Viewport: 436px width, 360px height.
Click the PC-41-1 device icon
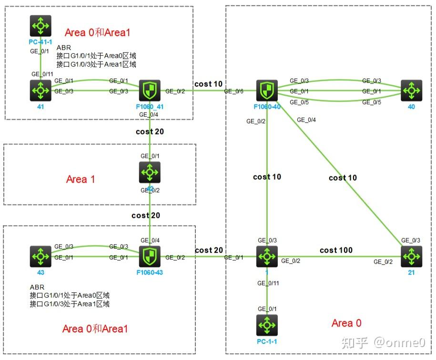(x=40, y=26)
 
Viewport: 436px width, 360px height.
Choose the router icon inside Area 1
(x=150, y=173)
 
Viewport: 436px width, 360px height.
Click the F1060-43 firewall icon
(x=150, y=257)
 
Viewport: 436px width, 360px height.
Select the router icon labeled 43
(x=40, y=257)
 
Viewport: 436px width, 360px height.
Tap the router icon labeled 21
(x=411, y=257)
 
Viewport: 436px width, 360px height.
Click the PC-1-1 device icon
(x=267, y=325)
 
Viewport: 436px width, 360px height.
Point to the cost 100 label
(x=336, y=250)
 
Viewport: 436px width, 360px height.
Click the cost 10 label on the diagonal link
(x=342, y=178)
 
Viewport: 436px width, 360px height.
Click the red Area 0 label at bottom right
(x=346, y=323)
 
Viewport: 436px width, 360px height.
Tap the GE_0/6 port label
(x=233, y=91)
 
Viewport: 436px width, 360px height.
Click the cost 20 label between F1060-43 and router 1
(x=208, y=250)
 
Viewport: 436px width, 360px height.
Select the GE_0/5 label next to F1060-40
(x=299, y=102)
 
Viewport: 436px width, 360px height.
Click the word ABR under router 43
(x=37, y=288)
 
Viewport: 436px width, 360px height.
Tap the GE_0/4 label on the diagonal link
(x=306, y=120)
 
